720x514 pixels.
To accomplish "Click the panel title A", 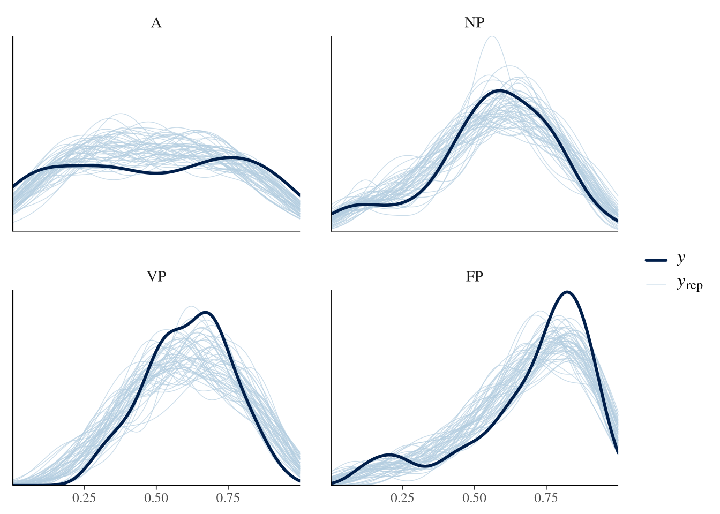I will [x=156, y=23].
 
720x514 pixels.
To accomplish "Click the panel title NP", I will [x=475, y=23].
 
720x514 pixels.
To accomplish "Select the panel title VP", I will [x=156, y=277].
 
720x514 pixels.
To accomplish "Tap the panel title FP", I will [x=475, y=277].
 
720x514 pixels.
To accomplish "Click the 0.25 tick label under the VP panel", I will [x=84, y=498].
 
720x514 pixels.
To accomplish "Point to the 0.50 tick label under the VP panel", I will [x=156, y=498].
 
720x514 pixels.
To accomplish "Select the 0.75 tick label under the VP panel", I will [x=228, y=498].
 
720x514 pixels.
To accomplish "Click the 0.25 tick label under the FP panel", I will [x=403, y=498].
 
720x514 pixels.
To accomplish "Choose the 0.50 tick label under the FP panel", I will [x=475, y=498].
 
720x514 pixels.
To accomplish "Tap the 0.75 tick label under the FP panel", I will [x=546, y=498].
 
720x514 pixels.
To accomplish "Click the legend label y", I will [x=681, y=259].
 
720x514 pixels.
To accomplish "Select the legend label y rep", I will [x=689, y=283].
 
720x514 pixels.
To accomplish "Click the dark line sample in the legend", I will [x=656, y=260].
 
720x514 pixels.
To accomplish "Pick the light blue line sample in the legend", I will [x=656, y=284].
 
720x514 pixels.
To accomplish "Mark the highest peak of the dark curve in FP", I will [x=567, y=292].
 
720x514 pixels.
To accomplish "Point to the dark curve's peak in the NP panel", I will [x=499, y=90].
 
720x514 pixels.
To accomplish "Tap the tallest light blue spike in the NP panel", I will [x=492, y=36].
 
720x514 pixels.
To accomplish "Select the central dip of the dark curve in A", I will [x=156, y=173].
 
